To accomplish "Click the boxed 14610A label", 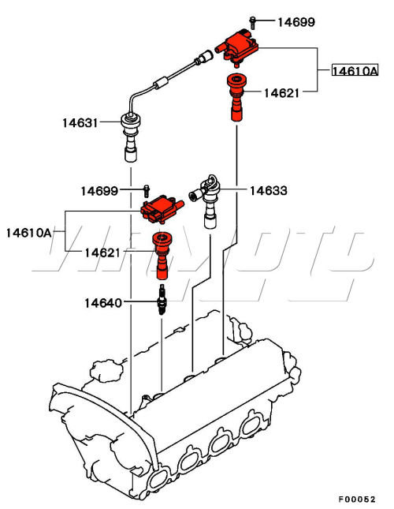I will pos(355,71).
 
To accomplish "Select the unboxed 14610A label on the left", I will pos(29,232).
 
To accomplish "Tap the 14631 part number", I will pos(80,122).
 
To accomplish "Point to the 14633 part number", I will pos(269,190).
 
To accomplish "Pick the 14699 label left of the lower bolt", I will pos(99,191).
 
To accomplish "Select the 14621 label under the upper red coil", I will pos(281,92).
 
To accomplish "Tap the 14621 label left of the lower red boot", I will pos(104,253).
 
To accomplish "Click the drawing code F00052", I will pos(358,499).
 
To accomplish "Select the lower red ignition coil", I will pos(161,209).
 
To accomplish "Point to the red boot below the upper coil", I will pos(235,96).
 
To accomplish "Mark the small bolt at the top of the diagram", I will pos(251,21).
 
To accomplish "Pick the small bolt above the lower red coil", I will pos(147,189).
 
